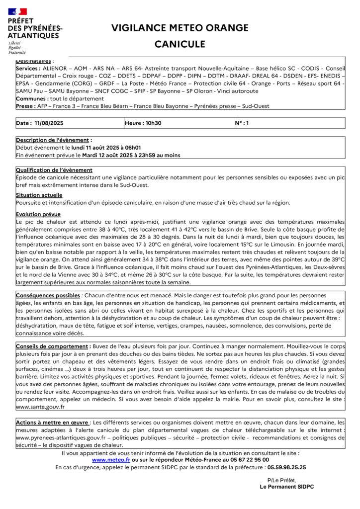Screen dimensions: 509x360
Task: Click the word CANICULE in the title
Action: [180, 44]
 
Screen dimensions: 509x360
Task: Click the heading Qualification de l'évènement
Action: [54, 170]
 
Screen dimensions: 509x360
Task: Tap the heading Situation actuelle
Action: [39, 195]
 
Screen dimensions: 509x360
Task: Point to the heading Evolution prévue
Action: [38, 214]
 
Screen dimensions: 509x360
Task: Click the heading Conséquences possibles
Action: [48, 296]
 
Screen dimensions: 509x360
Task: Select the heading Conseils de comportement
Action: [52, 346]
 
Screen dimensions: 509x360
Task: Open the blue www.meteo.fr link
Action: [111, 460]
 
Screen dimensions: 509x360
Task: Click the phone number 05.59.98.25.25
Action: [286, 467]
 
